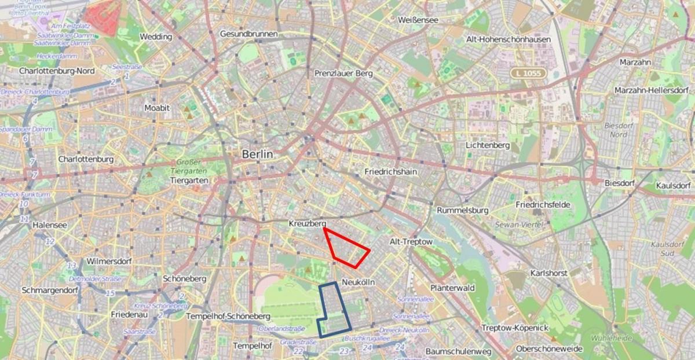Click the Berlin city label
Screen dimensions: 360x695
click(257, 155)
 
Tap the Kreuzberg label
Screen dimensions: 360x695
click(308, 223)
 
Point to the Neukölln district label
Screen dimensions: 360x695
click(359, 282)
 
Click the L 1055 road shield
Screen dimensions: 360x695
click(528, 74)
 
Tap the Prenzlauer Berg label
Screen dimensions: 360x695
click(343, 74)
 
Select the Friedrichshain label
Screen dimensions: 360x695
click(391, 172)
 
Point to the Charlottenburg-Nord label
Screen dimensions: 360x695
click(57, 71)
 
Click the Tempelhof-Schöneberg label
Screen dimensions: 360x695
click(228, 317)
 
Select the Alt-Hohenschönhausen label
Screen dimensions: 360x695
click(508, 39)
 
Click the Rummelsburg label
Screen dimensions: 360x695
click(463, 210)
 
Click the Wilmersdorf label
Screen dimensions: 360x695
click(109, 261)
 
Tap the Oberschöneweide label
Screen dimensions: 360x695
click(549, 350)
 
